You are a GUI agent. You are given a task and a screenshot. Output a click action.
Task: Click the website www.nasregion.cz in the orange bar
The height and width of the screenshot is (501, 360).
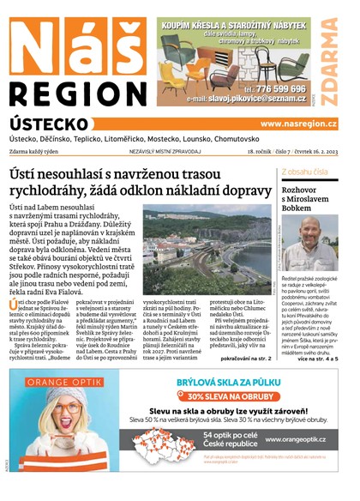tap(298, 124)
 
